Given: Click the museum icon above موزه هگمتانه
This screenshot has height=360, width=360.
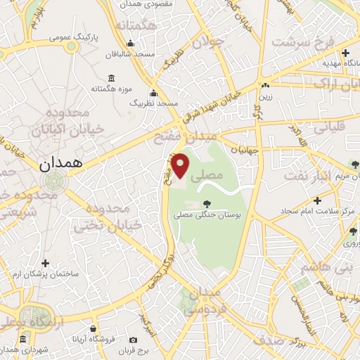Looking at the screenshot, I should [x=111, y=78].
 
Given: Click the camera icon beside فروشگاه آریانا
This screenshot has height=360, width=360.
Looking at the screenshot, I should [x=93, y=328].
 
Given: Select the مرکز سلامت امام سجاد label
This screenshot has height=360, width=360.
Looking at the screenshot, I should [x=336, y=211].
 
